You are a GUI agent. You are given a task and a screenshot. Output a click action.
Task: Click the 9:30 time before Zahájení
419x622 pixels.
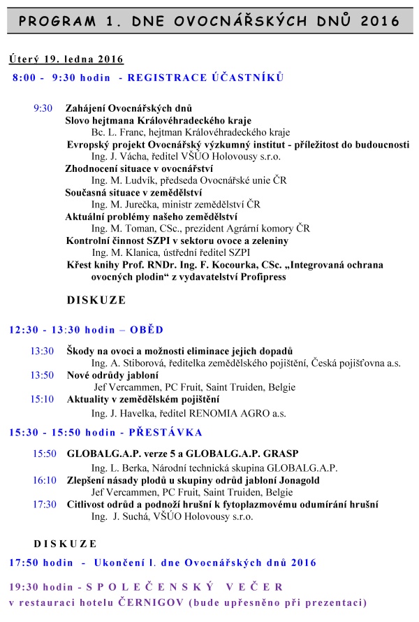43,108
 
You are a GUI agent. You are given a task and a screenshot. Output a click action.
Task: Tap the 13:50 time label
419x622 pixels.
42,375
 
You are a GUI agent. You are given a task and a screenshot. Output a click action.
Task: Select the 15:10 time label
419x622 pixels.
42,400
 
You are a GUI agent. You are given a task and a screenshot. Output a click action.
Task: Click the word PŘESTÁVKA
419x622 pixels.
164,433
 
